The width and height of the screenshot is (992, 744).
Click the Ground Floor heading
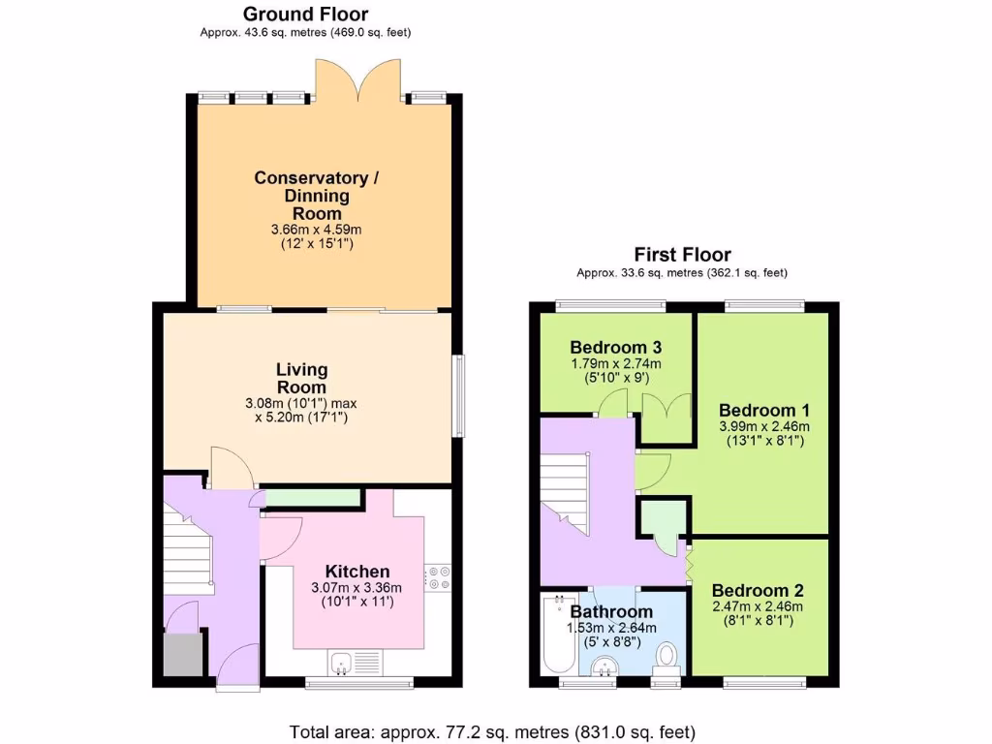305,14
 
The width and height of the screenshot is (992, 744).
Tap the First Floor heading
683,256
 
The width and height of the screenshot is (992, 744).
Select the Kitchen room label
356,572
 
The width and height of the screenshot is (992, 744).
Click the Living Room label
301,378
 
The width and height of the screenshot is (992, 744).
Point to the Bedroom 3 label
615,347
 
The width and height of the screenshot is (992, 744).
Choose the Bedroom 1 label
764,410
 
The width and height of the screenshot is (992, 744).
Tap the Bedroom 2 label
758,591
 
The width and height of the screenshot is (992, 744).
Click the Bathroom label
611,612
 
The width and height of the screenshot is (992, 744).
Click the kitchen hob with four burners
438,576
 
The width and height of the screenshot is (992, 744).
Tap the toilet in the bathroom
666,657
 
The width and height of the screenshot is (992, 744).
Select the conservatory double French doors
357,81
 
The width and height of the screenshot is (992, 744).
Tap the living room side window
459,396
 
